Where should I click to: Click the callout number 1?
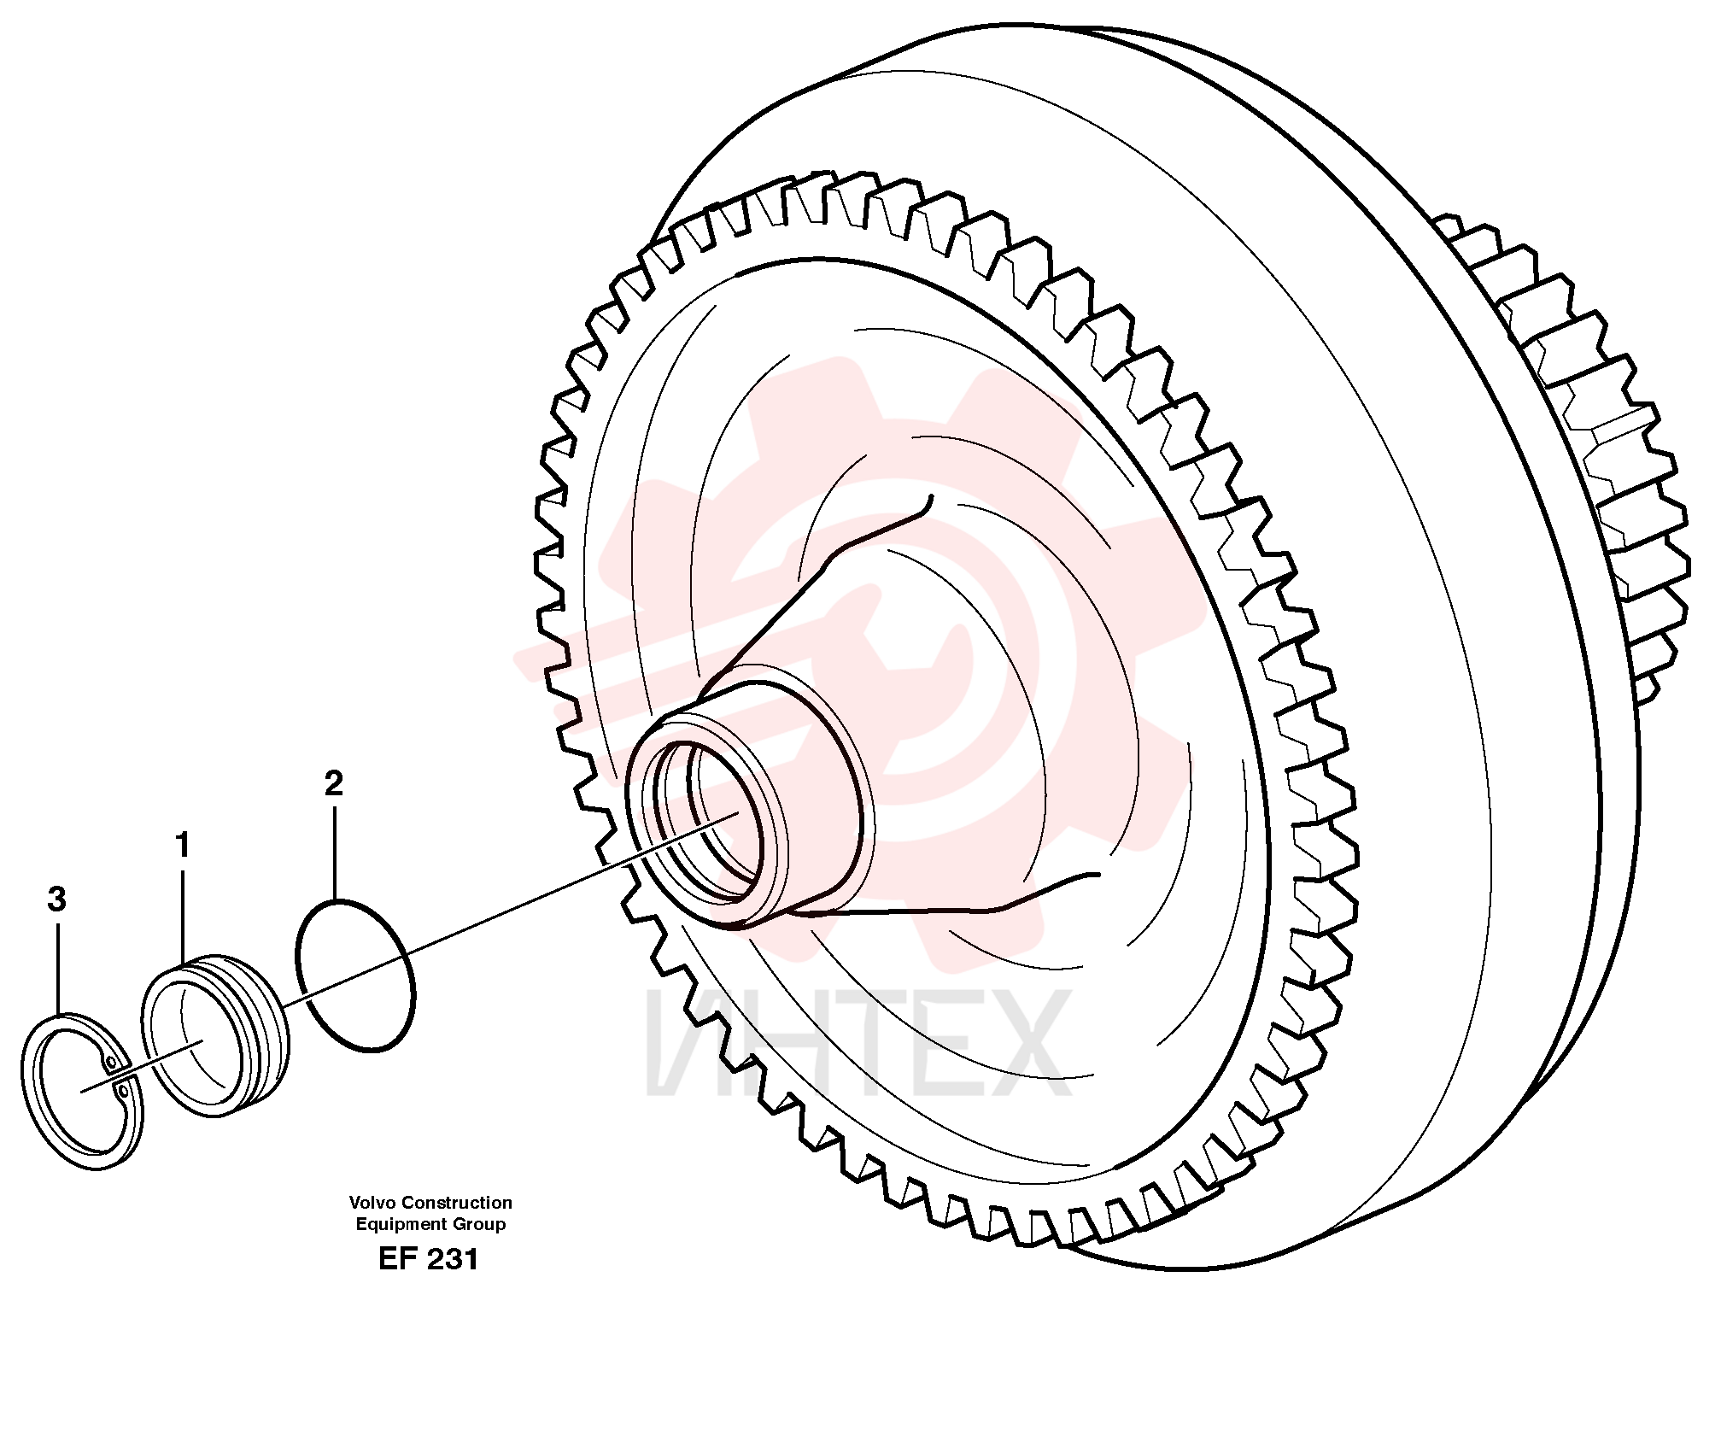tap(182, 846)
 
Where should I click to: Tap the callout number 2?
tap(334, 783)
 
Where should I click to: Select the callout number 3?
tap(56, 899)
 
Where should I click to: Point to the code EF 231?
tap(429, 1259)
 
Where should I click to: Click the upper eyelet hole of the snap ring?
tap(109, 1062)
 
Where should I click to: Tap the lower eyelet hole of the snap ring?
tap(125, 1091)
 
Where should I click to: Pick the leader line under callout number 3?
tap(58, 966)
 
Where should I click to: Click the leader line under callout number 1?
tap(183, 915)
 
